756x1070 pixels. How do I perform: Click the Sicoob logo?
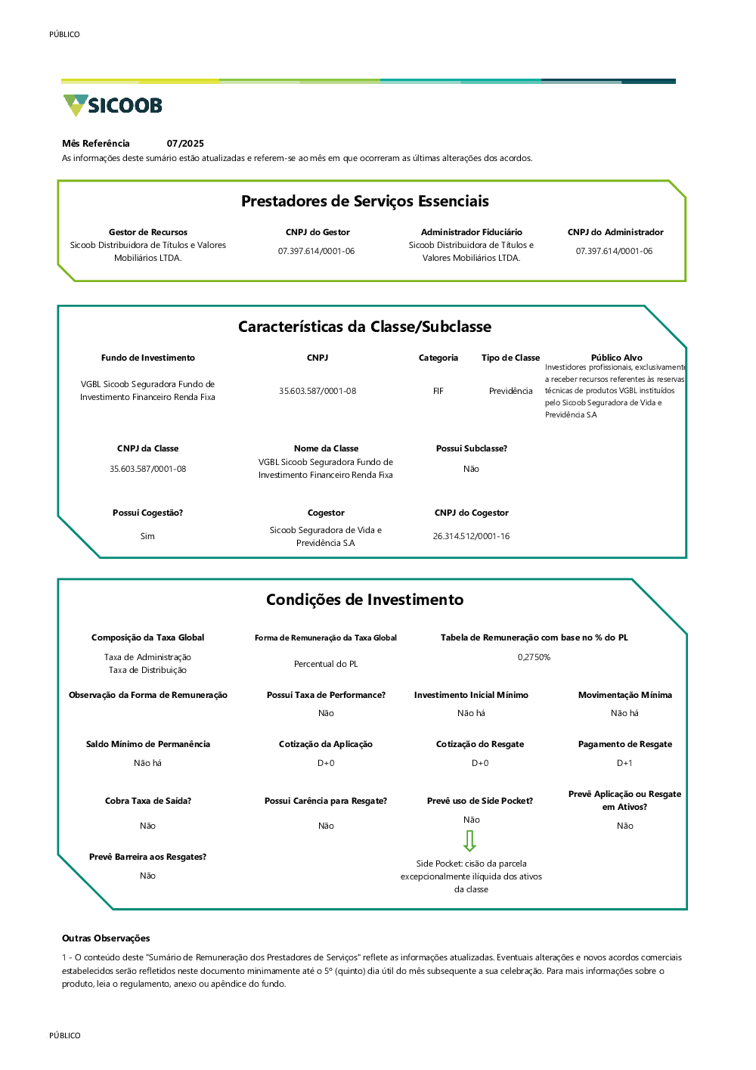click(x=113, y=105)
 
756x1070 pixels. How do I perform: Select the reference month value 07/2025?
click(x=185, y=144)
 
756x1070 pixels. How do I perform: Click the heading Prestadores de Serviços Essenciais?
click(x=364, y=201)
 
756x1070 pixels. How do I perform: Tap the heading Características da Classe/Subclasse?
click(x=364, y=327)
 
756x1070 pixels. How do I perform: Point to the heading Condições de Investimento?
click(x=364, y=600)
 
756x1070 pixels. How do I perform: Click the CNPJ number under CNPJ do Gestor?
click(x=316, y=251)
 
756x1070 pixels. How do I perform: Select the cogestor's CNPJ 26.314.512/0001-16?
click(x=471, y=536)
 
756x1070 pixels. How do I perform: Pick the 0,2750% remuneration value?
click(x=534, y=657)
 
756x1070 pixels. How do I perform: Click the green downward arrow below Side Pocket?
click(x=469, y=841)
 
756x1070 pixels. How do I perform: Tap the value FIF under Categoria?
click(x=438, y=391)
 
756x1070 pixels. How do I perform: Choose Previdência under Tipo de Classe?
click(x=510, y=391)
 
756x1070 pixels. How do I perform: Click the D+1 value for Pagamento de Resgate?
click(x=624, y=763)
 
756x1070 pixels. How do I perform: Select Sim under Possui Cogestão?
click(x=147, y=536)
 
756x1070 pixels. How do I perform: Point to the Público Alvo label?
click(x=616, y=358)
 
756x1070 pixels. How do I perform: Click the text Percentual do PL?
click(x=326, y=664)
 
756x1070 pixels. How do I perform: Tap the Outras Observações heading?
click(x=106, y=938)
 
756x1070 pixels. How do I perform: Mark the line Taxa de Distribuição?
click(x=147, y=670)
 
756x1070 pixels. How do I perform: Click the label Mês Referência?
click(x=96, y=144)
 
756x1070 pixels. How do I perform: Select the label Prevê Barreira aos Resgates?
click(x=147, y=857)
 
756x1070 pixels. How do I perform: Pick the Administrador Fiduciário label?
click(x=471, y=232)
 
